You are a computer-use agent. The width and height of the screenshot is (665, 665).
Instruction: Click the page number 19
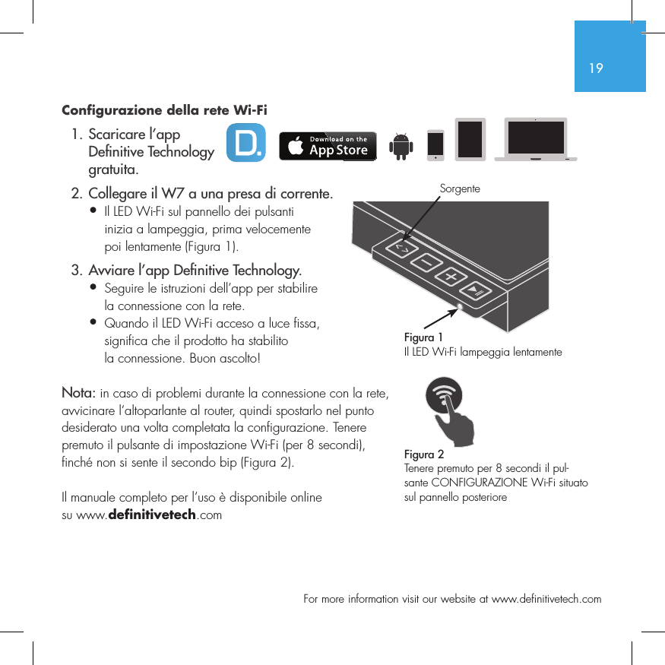(x=596, y=68)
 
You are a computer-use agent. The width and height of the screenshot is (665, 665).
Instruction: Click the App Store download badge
(x=327, y=145)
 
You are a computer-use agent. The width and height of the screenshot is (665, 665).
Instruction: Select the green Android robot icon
(x=400, y=146)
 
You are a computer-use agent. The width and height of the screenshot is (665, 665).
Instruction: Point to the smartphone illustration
(x=435, y=145)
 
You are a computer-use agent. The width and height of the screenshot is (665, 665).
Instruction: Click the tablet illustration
(x=470, y=139)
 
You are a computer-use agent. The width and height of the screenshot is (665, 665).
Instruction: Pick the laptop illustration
(x=536, y=140)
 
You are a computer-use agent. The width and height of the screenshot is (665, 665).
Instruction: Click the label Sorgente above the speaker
(x=460, y=187)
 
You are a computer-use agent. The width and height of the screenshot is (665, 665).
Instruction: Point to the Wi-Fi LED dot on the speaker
(x=460, y=307)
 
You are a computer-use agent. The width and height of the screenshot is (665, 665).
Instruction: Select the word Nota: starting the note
(x=78, y=393)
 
